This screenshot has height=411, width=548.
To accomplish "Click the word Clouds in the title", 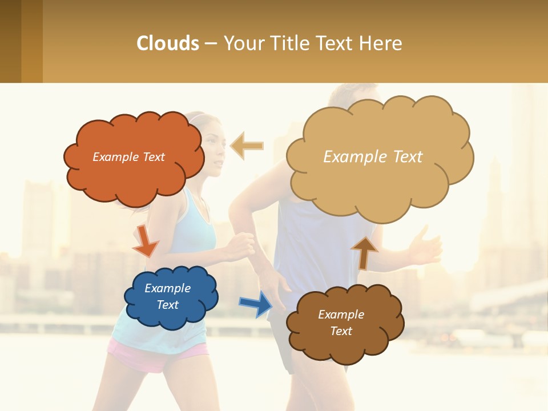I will tap(168, 43).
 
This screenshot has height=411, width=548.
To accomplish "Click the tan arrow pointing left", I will tap(247, 146).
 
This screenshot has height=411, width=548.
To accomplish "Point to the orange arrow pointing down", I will tap(145, 241).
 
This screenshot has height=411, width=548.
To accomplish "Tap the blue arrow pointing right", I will tap(256, 303).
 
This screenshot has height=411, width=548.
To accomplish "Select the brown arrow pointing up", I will tap(364, 252).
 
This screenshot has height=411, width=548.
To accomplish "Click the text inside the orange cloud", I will tap(128, 157).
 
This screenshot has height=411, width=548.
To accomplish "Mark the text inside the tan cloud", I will tap(373, 157).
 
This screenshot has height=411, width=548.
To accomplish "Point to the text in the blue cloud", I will tap(167, 297).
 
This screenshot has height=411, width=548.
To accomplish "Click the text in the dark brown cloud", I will tap(341, 323).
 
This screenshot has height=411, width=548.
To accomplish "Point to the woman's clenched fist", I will tap(240, 245).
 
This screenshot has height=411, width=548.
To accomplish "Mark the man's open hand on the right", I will tap(425, 247).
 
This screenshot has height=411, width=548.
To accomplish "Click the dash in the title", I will tap(211, 43).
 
